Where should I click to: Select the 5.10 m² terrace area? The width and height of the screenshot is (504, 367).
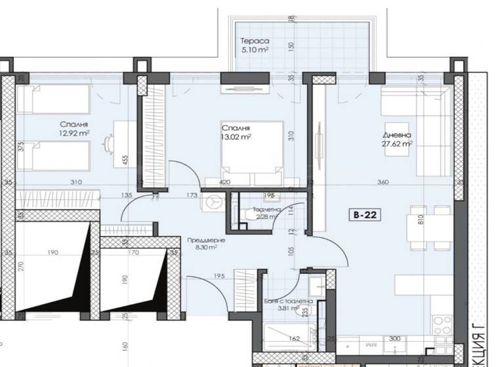point(255,49)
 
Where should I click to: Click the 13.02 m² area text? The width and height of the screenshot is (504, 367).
point(236,136)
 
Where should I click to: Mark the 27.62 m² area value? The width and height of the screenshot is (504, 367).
point(398,145)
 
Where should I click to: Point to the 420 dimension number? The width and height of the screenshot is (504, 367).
point(225,182)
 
